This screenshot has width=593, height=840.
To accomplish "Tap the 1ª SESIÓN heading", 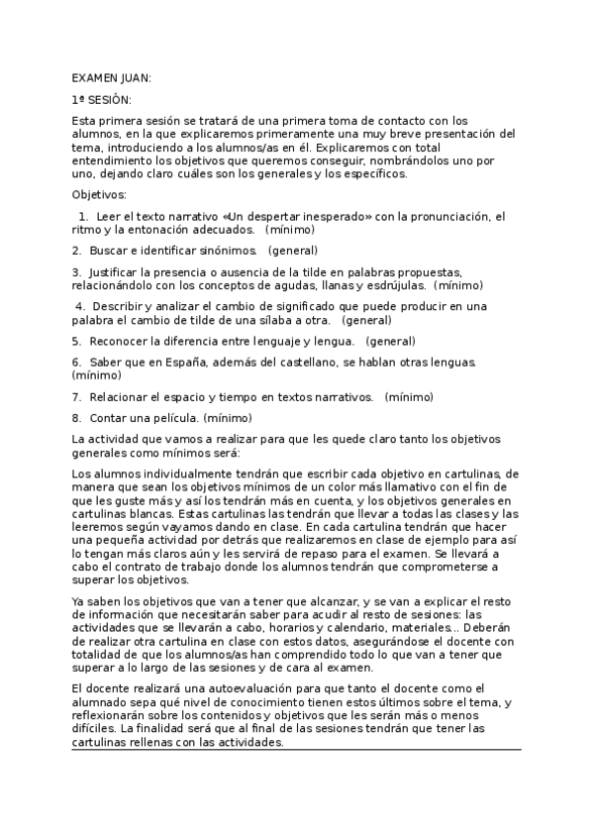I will pos(102,100).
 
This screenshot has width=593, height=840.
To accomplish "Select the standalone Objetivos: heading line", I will pos(100,194).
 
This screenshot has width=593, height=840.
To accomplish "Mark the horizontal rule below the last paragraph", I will pos(296,750).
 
